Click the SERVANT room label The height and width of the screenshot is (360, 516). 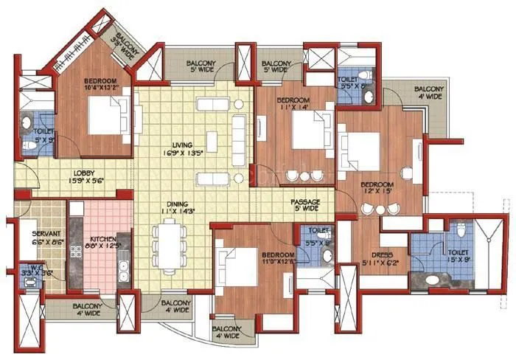pyautogui.click(x=35, y=235)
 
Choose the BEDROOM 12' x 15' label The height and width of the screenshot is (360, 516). pyautogui.click(x=377, y=188)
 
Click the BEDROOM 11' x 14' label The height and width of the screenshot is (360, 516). pyautogui.click(x=294, y=104)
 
